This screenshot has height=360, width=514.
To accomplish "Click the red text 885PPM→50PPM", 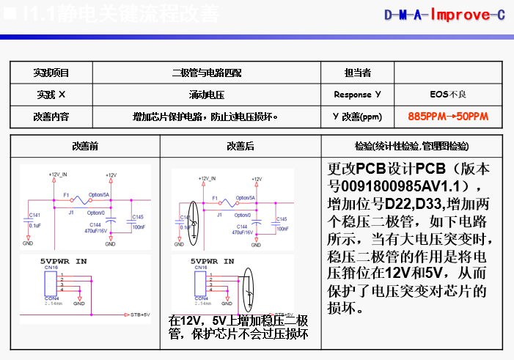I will (x=448, y=117).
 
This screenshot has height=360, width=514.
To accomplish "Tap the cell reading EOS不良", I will (x=448, y=95).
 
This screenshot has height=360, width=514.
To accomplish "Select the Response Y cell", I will (x=357, y=95).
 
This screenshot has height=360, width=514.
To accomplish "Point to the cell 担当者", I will (x=357, y=73).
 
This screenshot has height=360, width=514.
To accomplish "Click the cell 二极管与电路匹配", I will (x=206, y=73).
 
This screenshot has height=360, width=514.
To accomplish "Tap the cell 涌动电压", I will (x=206, y=95).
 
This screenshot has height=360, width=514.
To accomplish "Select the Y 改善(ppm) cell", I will (x=357, y=117).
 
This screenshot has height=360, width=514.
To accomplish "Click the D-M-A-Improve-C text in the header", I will (x=445, y=15).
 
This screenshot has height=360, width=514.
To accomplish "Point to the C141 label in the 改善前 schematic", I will (x=34, y=215).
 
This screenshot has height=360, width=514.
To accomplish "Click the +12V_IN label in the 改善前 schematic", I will (x=59, y=175).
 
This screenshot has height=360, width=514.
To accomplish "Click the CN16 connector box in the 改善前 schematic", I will (x=52, y=283).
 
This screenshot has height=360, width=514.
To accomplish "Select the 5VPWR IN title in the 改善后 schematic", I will (x=212, y=261).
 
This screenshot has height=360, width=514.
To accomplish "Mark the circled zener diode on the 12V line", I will (x=193, y=216).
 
